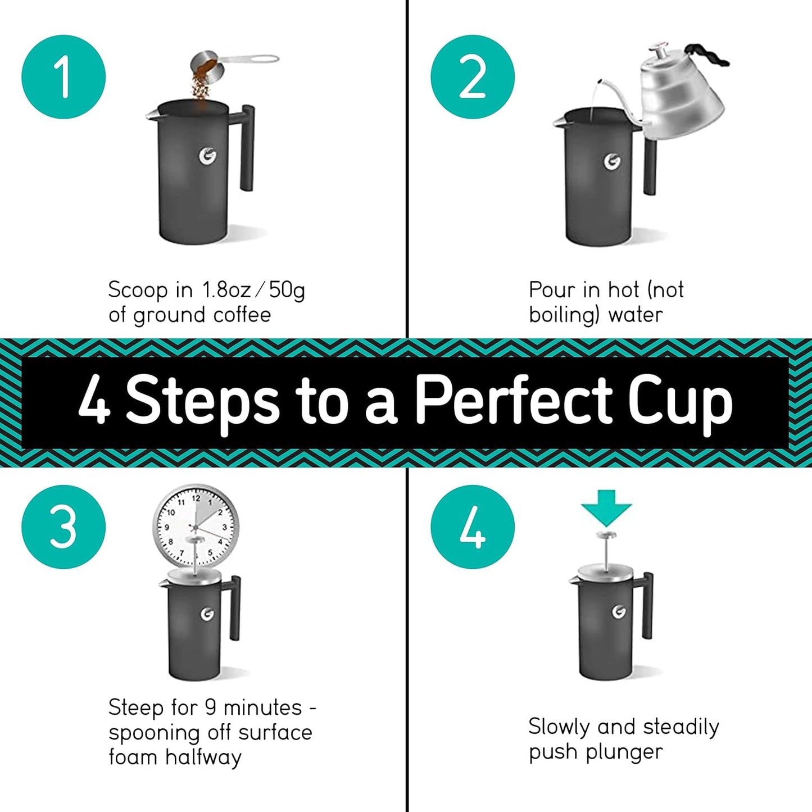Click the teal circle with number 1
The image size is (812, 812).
[63, 77]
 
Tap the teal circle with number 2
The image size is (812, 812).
[473, 77]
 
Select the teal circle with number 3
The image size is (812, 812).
[63, 527]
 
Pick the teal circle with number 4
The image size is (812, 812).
[473, 527]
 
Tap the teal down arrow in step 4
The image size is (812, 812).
[606, 506]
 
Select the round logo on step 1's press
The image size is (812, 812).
[208, 157]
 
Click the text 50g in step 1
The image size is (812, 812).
[287, 291]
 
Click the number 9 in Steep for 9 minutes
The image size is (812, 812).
[211, 707]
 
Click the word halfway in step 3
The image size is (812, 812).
[203, 757]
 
